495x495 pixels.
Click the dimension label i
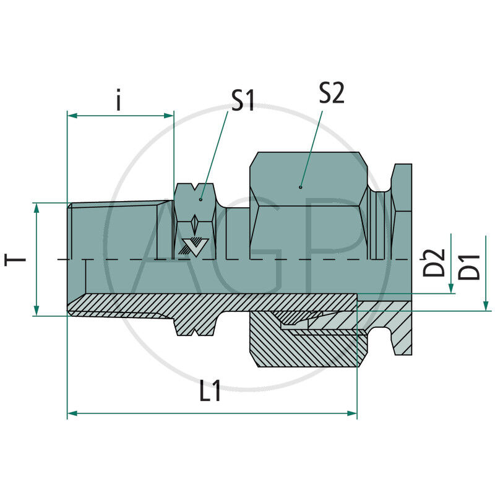pyautogui.click(x=119, y=100)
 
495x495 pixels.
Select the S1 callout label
pyautogui.click(x=243, y=100)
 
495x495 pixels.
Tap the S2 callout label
pyautogui.click(x=332, y=93)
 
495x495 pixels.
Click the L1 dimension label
pyautogui.click(x=210, y=394)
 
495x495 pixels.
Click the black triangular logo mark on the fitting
pyautogui.click(x=193, y=246)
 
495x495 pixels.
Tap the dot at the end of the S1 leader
pyautogui.click(x=200, y=199)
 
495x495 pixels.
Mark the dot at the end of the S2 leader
pyautogui.click(x=301, y=186)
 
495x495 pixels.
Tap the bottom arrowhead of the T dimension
pyautogui.click(x=37, y=311)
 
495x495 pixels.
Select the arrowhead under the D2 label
pyautogui.click(x=452, y=288)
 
